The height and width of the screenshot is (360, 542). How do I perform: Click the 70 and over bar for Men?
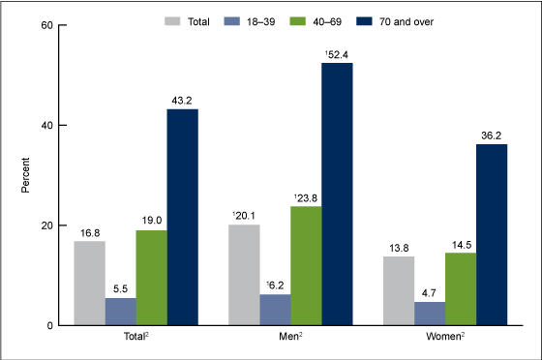337,194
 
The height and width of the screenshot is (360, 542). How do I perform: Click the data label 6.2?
274,285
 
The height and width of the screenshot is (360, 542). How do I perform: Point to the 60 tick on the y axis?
45,25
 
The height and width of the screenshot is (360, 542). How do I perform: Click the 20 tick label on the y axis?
45,225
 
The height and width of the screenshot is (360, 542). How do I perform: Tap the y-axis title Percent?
27,175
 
